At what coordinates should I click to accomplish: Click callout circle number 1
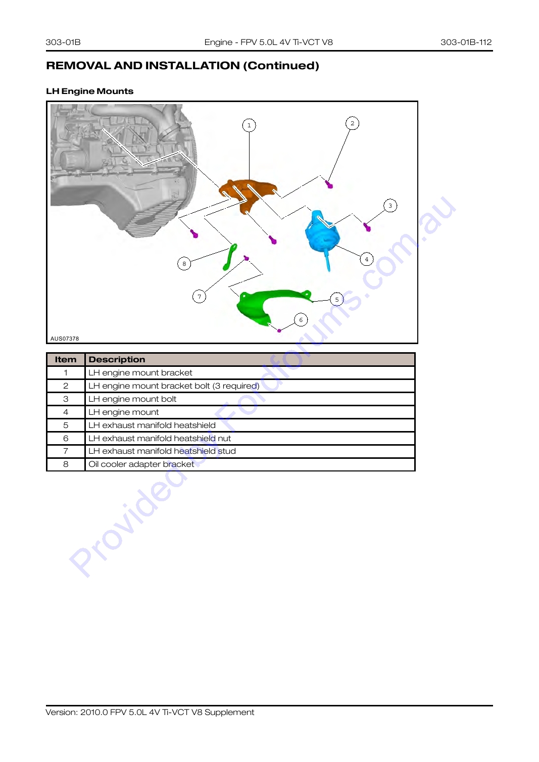(249, 125)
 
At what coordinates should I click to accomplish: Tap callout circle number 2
(352, 123)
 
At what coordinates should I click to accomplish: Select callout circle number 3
(390, 206)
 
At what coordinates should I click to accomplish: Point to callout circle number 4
(367, 259)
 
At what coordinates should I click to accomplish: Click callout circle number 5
(336, 299)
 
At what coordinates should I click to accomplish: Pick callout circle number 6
(301, 320)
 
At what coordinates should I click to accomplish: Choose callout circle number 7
(199, 296)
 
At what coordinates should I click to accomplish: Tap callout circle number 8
(184, 264)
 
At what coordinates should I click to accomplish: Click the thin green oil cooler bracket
(230, 257)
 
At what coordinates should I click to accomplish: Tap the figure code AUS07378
(65, 339)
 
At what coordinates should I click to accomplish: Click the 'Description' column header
(117, 360)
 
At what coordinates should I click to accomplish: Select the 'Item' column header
(66, 360)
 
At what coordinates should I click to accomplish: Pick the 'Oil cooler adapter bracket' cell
(141, 464)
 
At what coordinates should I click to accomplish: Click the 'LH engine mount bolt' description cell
(132, 399)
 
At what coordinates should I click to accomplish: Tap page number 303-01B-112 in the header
(466, 42)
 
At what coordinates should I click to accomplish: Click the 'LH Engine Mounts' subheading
(90, 91)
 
